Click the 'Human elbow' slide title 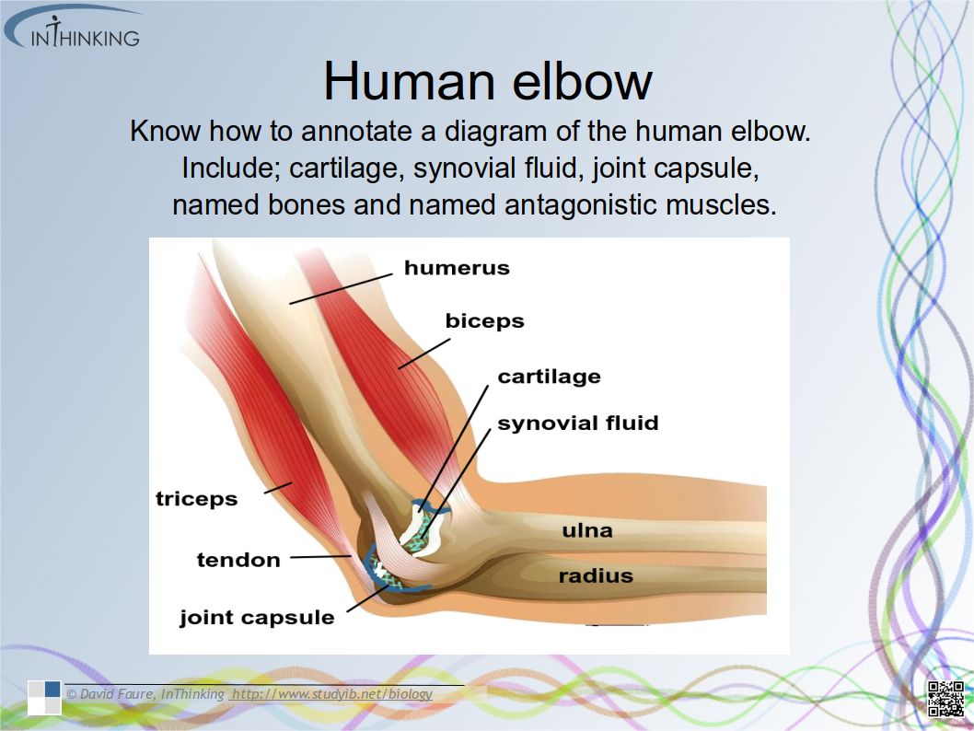488,81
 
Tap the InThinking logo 73,28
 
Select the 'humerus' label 457,268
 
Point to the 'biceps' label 484,321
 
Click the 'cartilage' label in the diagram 549,377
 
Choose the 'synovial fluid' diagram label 578,423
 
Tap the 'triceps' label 196,499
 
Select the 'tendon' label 238,560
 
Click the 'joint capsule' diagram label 257,618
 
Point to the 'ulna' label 587,530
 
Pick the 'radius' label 596,575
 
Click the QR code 945,699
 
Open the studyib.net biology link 331,694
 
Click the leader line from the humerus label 341,289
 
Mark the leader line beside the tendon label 320,556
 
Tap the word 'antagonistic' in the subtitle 582,205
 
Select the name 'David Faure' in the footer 118,694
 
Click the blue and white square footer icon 44,698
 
